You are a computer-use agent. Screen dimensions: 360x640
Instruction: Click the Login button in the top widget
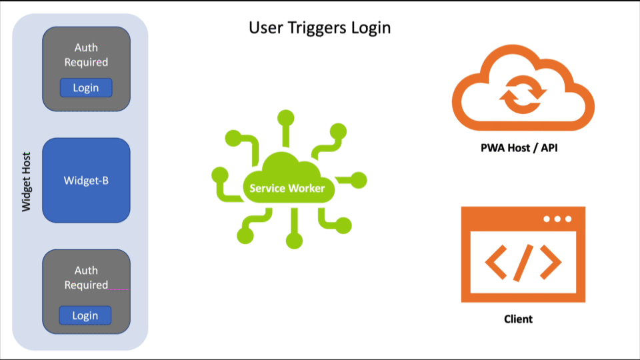click(86, 87)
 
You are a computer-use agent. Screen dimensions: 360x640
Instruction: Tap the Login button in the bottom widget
click(85, 315)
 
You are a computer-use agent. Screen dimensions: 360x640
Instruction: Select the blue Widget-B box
click(86, 180)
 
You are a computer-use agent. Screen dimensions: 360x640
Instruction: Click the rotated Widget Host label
click(27, 180)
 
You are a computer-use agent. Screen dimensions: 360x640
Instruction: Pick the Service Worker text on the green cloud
click(287, 188)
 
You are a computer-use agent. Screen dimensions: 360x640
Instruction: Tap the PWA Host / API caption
click(519, 147)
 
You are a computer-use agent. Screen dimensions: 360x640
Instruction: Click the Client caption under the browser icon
click(518, 319)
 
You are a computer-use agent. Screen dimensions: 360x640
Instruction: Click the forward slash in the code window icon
click(523, 262)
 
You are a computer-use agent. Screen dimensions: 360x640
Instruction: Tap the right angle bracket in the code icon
click(551, 262)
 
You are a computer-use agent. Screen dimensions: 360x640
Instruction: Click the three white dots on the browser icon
click(557, 219)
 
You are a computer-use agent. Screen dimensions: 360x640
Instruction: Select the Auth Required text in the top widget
click(86, 55)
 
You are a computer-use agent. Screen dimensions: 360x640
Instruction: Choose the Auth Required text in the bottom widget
click(86, 277)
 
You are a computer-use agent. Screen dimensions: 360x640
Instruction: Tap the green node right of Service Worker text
click(359, 180)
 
